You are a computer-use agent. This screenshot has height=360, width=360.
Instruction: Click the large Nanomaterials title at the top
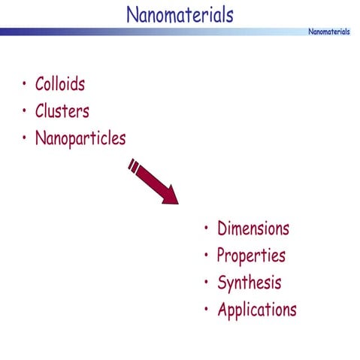(x=180, y=14)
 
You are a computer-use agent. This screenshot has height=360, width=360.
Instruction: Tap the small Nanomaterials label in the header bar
(x=329, y=32)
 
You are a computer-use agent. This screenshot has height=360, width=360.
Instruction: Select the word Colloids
(x=59, y=84)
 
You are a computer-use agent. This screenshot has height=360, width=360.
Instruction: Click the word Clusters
(x=62, y=111)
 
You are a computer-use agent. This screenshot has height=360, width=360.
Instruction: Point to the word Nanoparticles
(x=80, y=139)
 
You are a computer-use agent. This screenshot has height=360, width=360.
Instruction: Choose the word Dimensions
(x=253, y=228)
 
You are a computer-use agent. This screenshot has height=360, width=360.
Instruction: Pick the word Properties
(x=251, y=256)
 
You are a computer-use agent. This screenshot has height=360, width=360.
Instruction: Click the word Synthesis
(x=249, y=283)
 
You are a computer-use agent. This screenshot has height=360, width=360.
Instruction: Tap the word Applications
(x=256, y=310)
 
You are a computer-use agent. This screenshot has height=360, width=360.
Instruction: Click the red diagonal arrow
(x=154, y=181)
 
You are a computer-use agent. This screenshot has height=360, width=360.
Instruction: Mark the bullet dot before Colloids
(x=25, y=83)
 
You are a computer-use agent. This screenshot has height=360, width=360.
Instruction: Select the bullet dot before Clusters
(x=25, y=111)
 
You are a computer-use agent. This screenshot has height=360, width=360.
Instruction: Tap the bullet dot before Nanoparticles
(x=25, y=138)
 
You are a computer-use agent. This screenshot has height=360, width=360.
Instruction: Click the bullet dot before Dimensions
(x=207, y=228)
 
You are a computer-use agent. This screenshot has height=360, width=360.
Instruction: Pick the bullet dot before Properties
(x=207, y=256)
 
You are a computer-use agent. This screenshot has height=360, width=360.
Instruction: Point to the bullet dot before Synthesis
(x=207, y=283)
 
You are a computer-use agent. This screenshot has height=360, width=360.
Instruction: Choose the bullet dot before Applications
(x=207, y=309)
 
